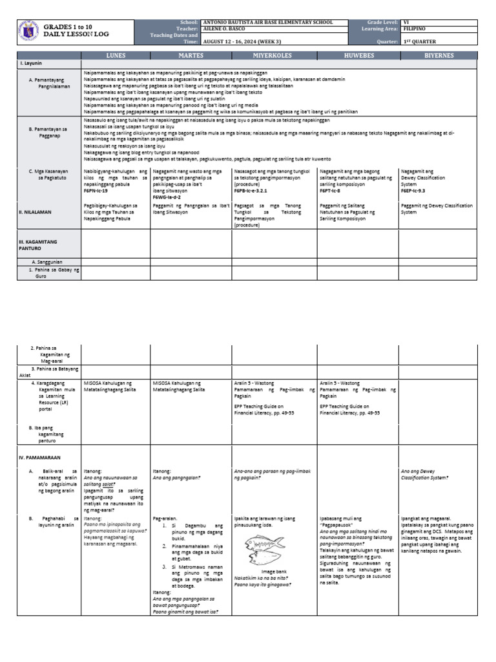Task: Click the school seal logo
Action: tap(28, 31)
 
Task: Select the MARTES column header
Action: tap(191, 56)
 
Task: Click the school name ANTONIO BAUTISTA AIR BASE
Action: tap(268, 23)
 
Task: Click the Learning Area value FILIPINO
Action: tap(414, 29)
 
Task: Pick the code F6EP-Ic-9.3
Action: tap(414, 191)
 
